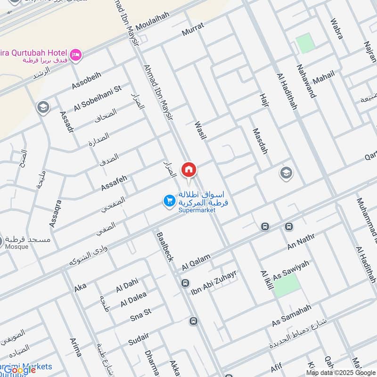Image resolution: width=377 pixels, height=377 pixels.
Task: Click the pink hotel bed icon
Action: pyautogui.click(x=76, y=55)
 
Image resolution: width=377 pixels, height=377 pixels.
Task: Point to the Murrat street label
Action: pyautogui.click(x=193, y=30)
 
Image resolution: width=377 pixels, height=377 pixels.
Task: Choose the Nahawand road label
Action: pyautogui.click(x=306, y=80)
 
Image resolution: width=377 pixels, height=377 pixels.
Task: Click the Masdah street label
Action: pyautogui.click(x=260, y=141)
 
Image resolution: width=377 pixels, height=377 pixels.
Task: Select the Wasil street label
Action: pyautogui.click(x=201, y=133)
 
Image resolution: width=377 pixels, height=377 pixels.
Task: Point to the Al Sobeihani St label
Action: pyautogui.click(x=98, y=98)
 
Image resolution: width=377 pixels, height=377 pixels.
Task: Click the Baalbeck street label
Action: pyautogui.click(x=164, y=246)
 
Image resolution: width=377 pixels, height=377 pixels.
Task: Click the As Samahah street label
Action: pyautogui.click(x=292, y=316)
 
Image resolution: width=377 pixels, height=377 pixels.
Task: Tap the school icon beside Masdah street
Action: pyautogui.click(x=286, y=173)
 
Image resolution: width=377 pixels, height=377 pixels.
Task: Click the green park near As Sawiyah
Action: pyautogui.click(x=287, y=285)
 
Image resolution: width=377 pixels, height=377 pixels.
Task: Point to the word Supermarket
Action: pyautogui.click(x=197, y=210)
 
